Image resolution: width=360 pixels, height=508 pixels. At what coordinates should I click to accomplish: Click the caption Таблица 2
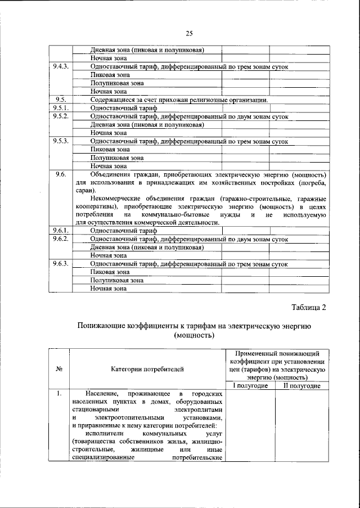click(308, 307)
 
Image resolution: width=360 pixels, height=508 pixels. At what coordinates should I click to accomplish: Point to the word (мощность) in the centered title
click(195, 336)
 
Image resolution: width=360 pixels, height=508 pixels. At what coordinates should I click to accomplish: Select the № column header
click(58, 369)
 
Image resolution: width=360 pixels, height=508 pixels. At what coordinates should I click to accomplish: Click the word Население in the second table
click(103, 393)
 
